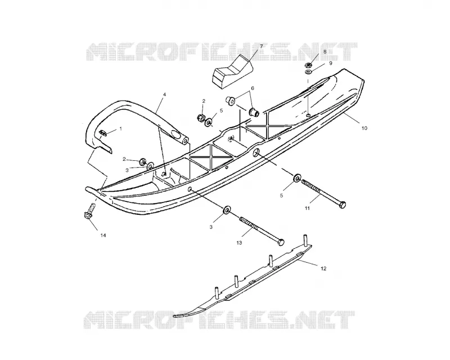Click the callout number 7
[x=262, y=46]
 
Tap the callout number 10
[x=364, y=128]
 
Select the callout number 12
[x=323, y=269]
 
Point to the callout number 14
[x=103, y=236]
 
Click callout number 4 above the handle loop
[x=165, y=94]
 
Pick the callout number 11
[x=307, y=209]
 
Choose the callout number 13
[x=239, y=243]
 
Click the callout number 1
[x=120, y=129]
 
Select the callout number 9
[x=331, y=63]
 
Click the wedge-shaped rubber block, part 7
[x=233, y=71]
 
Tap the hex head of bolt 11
[x=342, y=205]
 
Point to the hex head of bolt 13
[x=281, y=242]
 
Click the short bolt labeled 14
[x=89, y=211]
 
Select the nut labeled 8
[x=308, y=65]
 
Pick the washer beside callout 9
[x=309, y=71]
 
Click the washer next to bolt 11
[x=297, y=177]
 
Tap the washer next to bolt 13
[x=227, y=210]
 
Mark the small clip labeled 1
[x=103, y=132]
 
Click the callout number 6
[x=253, y=88]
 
